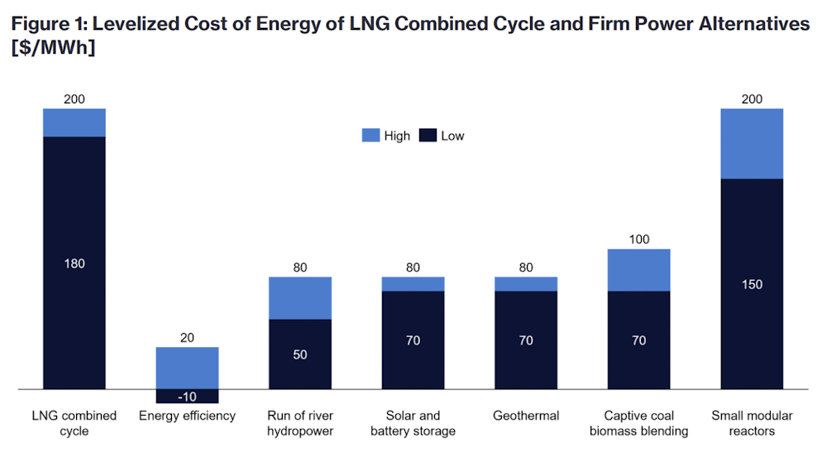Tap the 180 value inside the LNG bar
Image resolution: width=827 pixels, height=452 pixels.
[74, 264]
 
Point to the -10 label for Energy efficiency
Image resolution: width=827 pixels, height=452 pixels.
[187, 397]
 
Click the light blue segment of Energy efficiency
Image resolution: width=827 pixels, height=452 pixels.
[187, 368]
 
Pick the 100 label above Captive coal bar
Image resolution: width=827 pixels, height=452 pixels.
[638, 240]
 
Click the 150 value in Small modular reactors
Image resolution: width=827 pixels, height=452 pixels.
[752, 285]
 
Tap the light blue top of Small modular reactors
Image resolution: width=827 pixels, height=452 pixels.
[752, 143]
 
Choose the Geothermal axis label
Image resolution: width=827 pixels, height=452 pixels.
[526, 416]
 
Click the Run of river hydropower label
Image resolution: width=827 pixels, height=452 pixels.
[300, 423]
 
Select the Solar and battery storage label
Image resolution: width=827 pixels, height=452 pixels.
[413, 423]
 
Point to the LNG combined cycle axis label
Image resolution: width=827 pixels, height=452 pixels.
[74, 423]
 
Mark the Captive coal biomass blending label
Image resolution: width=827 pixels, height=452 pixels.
[638, 423]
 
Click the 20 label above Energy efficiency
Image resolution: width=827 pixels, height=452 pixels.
[187, 337]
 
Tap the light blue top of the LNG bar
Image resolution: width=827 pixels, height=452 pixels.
[74, 122]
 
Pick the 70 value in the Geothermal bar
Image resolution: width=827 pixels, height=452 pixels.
[526, 340]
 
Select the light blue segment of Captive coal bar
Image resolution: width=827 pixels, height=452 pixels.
[638, 270]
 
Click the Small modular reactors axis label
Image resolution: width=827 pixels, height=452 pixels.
[752, 423]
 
